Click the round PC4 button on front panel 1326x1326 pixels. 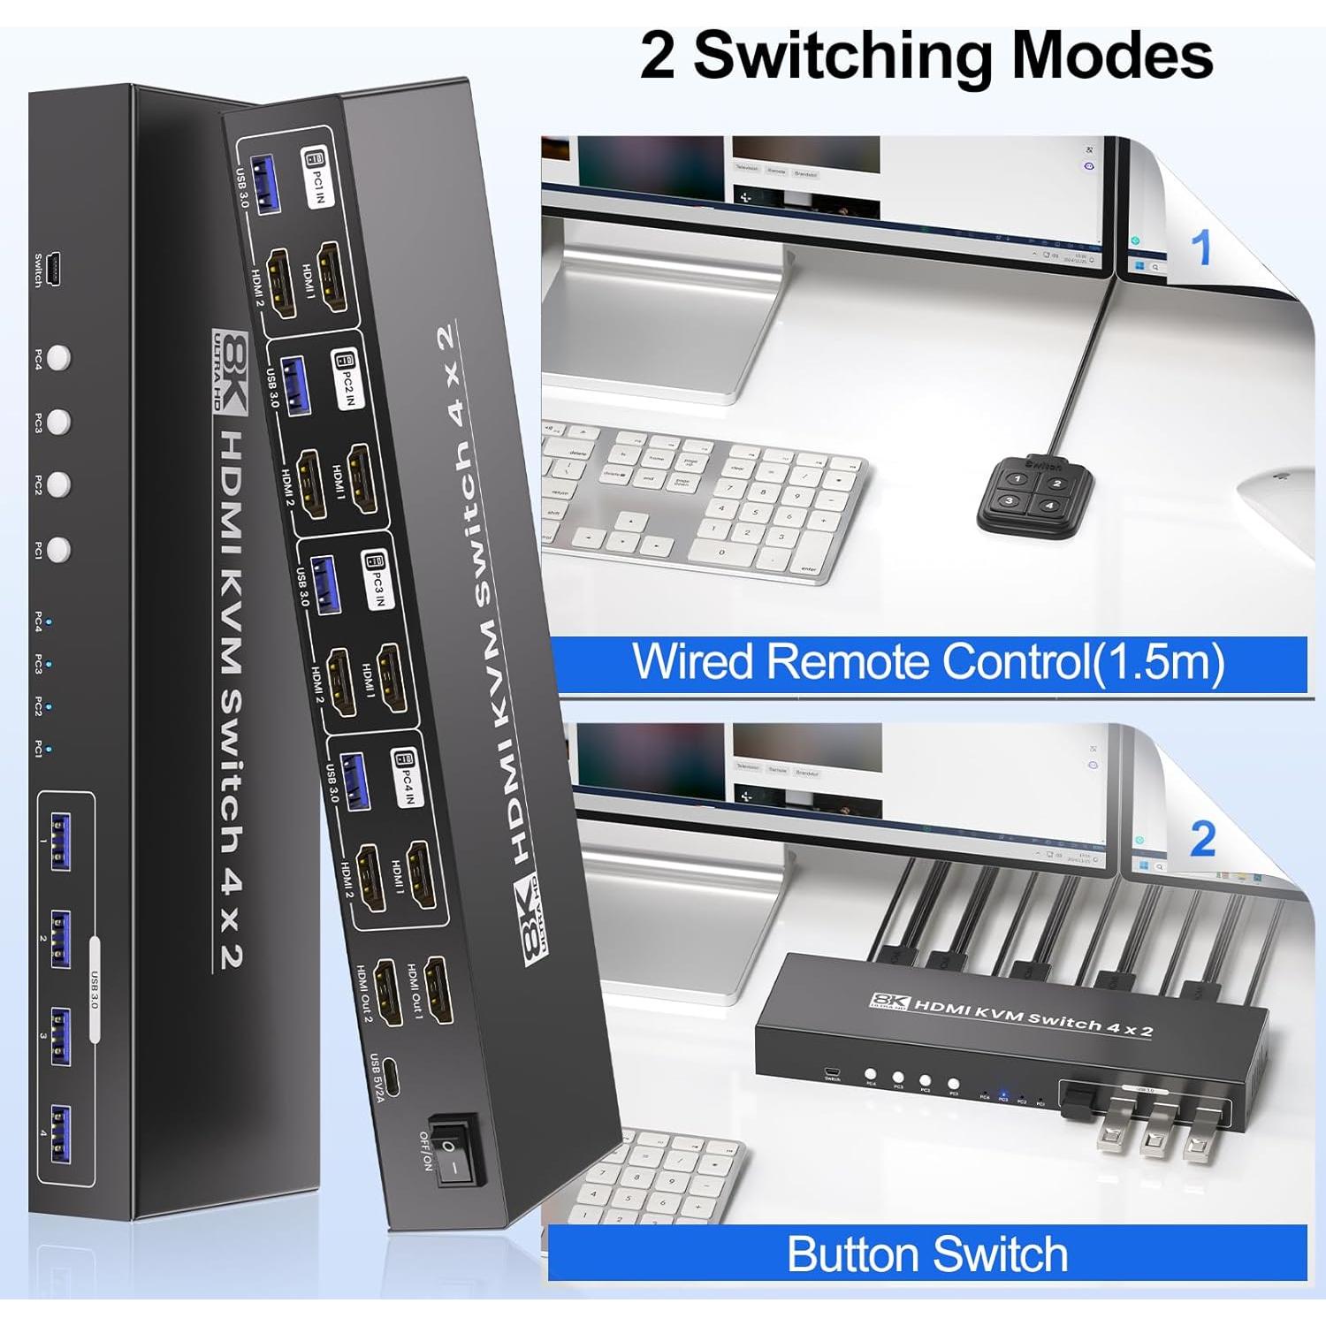[59, 358]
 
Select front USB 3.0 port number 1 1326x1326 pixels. [61, 843]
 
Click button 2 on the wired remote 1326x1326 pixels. [1055, 483]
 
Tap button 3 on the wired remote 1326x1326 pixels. [1009, 501]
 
